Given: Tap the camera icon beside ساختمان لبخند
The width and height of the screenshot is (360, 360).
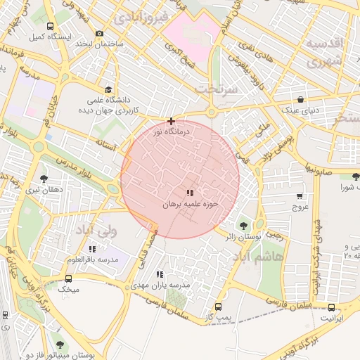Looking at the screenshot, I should click(x=98, y=34).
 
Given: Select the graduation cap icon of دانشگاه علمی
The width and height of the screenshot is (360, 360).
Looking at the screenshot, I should click(x=108, y=89).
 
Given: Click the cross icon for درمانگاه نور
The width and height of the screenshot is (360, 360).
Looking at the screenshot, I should click(x=171, y=122).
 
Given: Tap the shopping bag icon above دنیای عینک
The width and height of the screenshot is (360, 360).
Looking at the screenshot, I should click(x=301, y=99).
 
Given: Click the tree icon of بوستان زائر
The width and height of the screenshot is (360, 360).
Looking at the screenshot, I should click(x=243, y=226).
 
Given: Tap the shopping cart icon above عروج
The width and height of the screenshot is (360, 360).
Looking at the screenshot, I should click(x=300, y=196).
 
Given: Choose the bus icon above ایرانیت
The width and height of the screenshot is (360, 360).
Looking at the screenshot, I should click(x=332, y=307).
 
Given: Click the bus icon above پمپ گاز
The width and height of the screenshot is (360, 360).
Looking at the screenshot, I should click(x=218, y=307).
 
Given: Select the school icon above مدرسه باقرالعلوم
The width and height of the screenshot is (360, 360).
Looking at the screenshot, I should click(x=92, y=249).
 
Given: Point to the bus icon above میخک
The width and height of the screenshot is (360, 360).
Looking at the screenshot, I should click(x=68, y=277).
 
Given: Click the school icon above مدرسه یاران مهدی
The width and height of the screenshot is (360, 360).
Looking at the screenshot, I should click(x=160, y=274).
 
